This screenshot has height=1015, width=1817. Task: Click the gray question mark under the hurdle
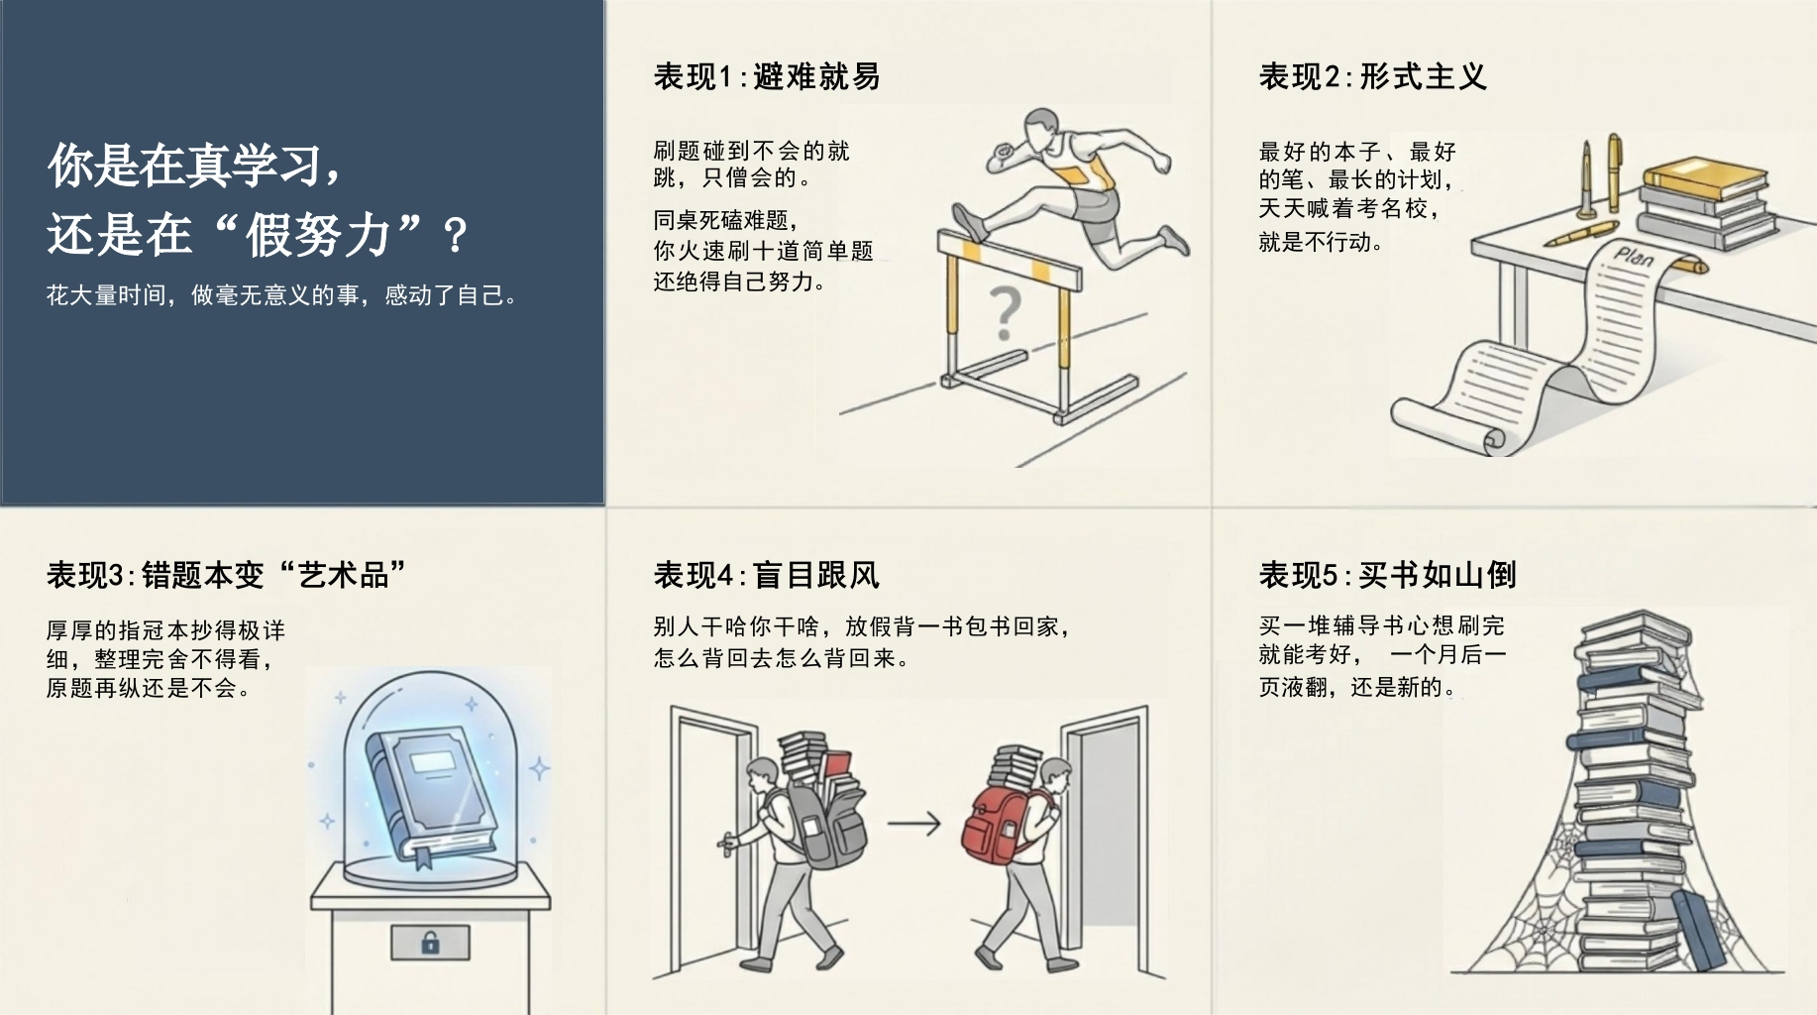(x=1005, y=314)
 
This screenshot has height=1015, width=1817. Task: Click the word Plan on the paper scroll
(x=1634, y=257)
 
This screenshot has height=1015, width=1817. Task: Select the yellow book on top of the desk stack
(x=1704, y=179)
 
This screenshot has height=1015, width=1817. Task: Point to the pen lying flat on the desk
(x=1581, y=234)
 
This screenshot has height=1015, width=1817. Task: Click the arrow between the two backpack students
(x=913, y=823)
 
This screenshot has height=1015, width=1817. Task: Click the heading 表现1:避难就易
(x=767, y=76)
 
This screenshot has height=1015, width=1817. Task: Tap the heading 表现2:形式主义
(x=1372, y=76)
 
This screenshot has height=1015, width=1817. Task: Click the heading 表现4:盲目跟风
(x=767, y=575)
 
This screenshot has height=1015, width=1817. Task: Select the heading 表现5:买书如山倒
(x=1387, y=575)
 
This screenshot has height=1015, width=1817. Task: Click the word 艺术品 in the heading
(x=343, y=575)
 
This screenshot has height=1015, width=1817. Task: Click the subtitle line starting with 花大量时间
(x=282, y=295)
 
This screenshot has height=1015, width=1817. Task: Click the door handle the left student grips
(x=728, y=843)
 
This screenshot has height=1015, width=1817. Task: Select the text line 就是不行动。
(x=1321, y=242)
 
